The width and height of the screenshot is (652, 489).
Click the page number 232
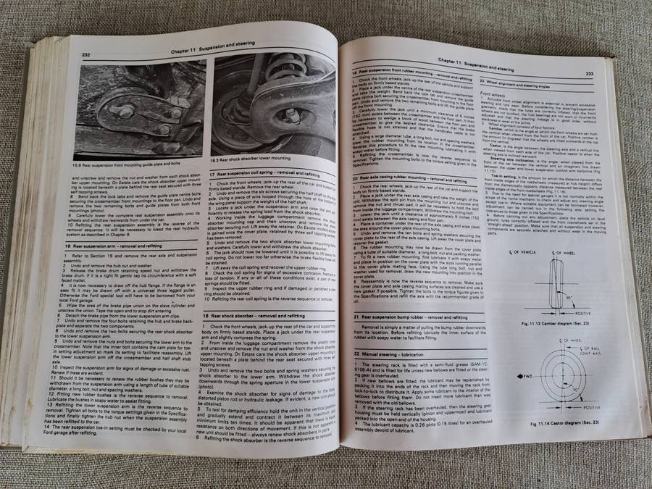point(85,54)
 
